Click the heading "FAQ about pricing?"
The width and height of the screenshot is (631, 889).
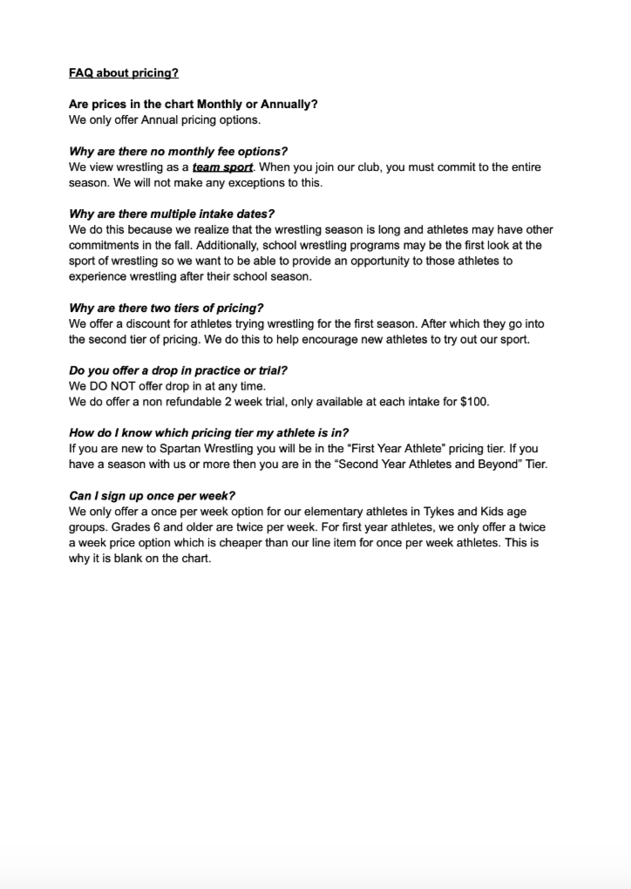tap(124, 73)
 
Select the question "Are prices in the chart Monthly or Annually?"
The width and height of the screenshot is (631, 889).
tap(193, 105)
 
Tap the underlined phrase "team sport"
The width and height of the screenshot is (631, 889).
tap(222, 167)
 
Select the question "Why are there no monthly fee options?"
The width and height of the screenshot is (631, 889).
tap(178, 152)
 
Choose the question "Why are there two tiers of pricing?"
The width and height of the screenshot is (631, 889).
tap(166, 308)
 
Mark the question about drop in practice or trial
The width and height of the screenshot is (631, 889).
tap(178, 370)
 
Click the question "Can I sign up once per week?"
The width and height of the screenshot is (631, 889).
tap(152, 496)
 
